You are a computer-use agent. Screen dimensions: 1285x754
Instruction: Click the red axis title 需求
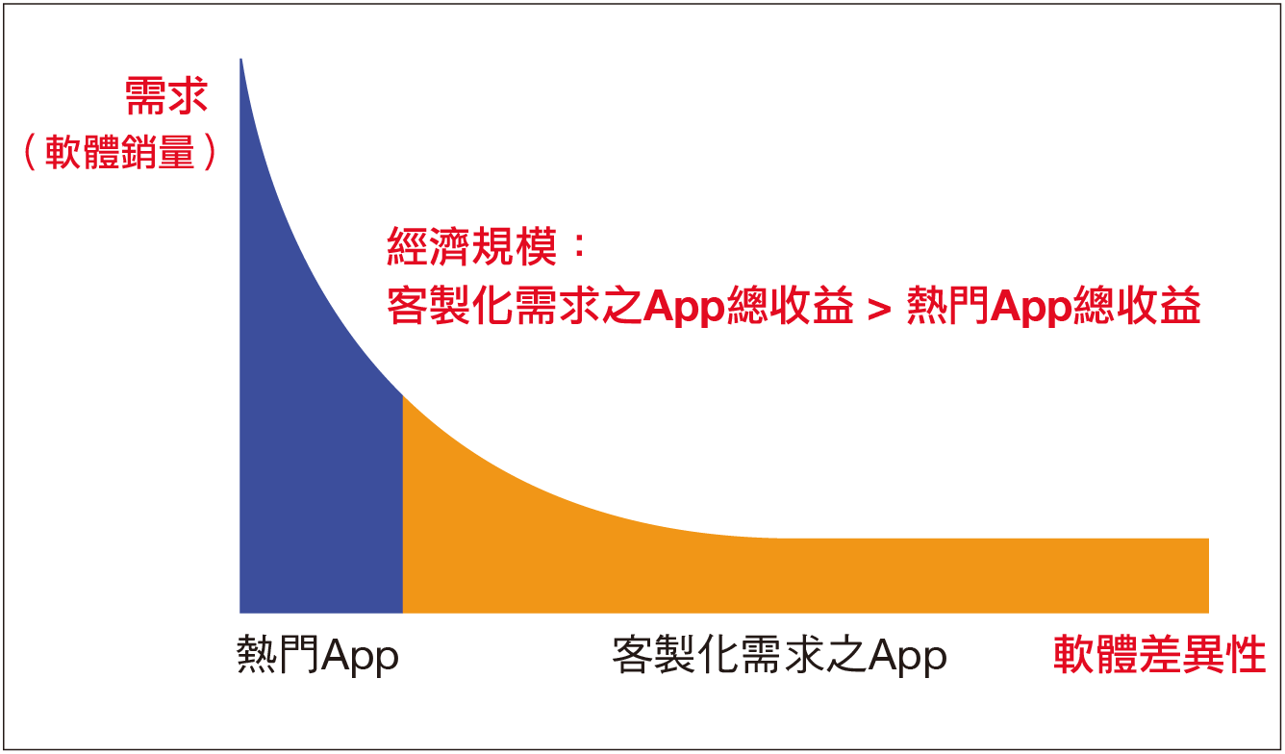point(166,96)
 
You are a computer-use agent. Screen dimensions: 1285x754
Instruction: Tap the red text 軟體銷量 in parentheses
point(120,152)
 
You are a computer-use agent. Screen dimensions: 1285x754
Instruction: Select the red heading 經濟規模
point(472,246)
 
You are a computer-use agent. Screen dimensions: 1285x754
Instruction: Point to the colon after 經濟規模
point(579,246)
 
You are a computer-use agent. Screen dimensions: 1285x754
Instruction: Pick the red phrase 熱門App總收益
point(1054,306)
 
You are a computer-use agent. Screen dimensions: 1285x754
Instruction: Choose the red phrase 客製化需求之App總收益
point(620,306)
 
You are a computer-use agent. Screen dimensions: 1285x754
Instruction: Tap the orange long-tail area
point(745,574)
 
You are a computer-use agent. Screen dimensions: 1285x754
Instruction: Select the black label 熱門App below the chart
point(317,655)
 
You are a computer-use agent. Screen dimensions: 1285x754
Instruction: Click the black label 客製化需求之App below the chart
point(780,655)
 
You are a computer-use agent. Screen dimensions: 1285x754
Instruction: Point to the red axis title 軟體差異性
point(1160,654)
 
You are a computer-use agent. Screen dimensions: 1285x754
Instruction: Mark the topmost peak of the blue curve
point(240,59)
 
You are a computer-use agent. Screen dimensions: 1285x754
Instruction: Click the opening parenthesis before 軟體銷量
point(31,152)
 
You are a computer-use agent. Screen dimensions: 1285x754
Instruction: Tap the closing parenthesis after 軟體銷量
point(210,152)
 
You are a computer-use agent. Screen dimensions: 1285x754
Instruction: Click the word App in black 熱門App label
point(360,657)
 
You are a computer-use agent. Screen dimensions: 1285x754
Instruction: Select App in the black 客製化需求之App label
point(908,657)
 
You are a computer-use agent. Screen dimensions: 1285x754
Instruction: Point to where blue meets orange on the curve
point(403,396)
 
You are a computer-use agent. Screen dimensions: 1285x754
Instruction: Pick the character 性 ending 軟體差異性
point(1246,654)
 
